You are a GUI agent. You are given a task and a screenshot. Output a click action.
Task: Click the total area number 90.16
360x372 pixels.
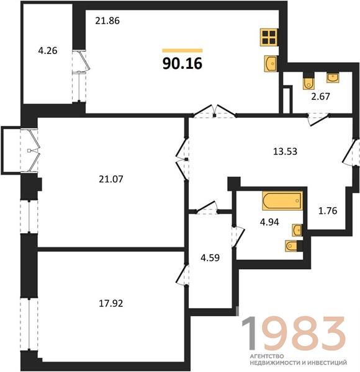click(x=182, y=64)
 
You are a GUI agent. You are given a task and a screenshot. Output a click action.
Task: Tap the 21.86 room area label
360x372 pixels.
click(x=107, y=21)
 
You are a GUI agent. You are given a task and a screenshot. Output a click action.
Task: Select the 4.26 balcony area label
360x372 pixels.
click(x=48, y=51)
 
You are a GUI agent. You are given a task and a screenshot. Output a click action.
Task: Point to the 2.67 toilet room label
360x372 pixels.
click(x=320, y=97)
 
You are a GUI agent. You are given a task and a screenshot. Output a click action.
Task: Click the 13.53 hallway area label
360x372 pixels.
click(x=285, y=151)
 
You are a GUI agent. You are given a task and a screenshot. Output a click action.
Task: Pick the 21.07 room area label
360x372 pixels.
click(x=111, y=179)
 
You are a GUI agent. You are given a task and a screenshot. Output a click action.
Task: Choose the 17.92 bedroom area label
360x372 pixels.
click(x=111, y=303)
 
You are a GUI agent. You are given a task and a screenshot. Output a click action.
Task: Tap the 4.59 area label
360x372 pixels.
click(x=210, y=258)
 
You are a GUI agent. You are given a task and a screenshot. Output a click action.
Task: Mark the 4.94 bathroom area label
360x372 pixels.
click(x=269, y=222)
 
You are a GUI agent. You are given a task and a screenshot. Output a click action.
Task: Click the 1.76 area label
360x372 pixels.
click(x=328, y=211)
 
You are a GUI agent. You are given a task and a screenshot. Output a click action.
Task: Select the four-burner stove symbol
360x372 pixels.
click(x=269, y=37)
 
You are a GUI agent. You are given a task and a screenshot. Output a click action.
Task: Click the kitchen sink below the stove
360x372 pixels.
click(x=271, y=64)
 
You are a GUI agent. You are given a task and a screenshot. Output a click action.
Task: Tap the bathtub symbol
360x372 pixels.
click(x=282, y=201)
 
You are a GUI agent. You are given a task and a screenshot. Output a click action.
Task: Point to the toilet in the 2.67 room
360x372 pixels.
click(x=308, y=83)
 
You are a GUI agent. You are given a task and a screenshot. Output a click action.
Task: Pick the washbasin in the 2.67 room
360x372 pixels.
click(x=333, y=77)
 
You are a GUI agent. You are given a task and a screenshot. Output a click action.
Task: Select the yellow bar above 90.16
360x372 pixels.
click(x=182, y=50)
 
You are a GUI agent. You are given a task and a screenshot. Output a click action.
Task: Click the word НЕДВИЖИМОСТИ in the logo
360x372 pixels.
click(x=274, y=363)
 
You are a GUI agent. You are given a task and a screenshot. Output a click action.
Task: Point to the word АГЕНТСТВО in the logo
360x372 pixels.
click(x=267, y=356)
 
